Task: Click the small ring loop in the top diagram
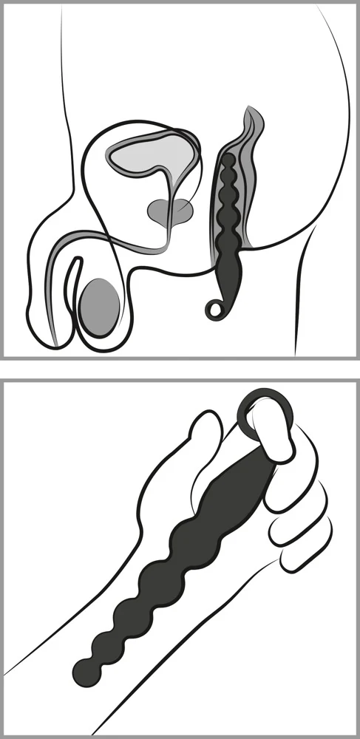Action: [214, 309]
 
